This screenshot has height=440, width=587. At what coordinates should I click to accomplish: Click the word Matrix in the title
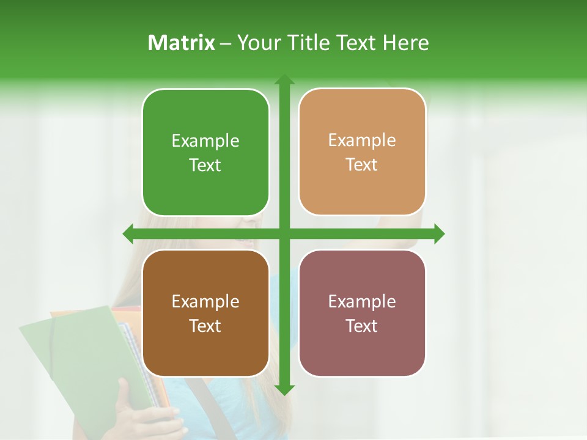pyautogui.click(x=182, y=43)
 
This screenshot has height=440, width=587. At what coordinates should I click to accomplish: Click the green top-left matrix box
pyautogui.click(x=205, y=153)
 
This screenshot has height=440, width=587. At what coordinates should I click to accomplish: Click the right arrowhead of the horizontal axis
pyautogui.click(x=439, y=233)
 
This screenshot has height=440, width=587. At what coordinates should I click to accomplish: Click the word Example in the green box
pyautogui.click(x=205, y=141)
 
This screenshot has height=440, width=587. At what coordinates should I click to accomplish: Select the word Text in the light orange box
pyautogui.click(x=362, y=164)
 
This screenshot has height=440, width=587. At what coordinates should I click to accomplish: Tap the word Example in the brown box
pyautogui.click(x=205, y=302)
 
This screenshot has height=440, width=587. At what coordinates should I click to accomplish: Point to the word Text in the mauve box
pyautogui.click(x=362, y=326)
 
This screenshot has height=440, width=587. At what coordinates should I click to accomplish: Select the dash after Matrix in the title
pyautogui.click(x=226, y=43)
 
